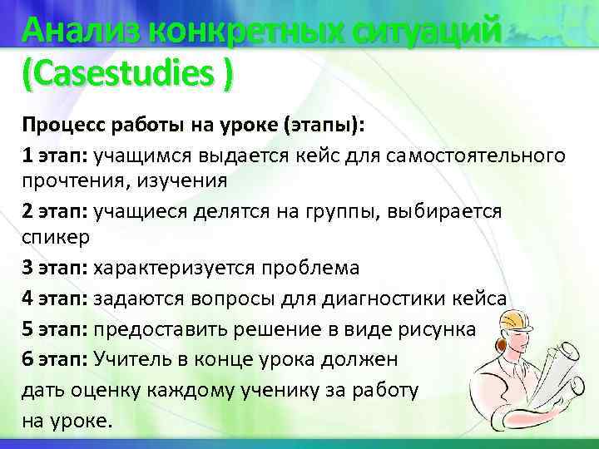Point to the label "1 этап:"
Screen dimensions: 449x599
point(54,155)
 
